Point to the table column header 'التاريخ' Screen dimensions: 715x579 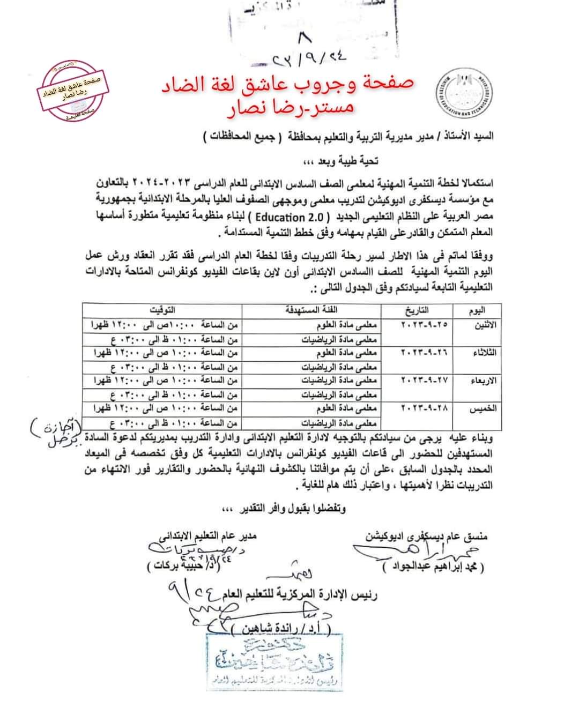[416, 310]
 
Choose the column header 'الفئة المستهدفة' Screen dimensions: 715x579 [313, 310]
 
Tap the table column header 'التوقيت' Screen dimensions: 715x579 [162, 310]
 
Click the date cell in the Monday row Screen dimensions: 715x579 [424, 325]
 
